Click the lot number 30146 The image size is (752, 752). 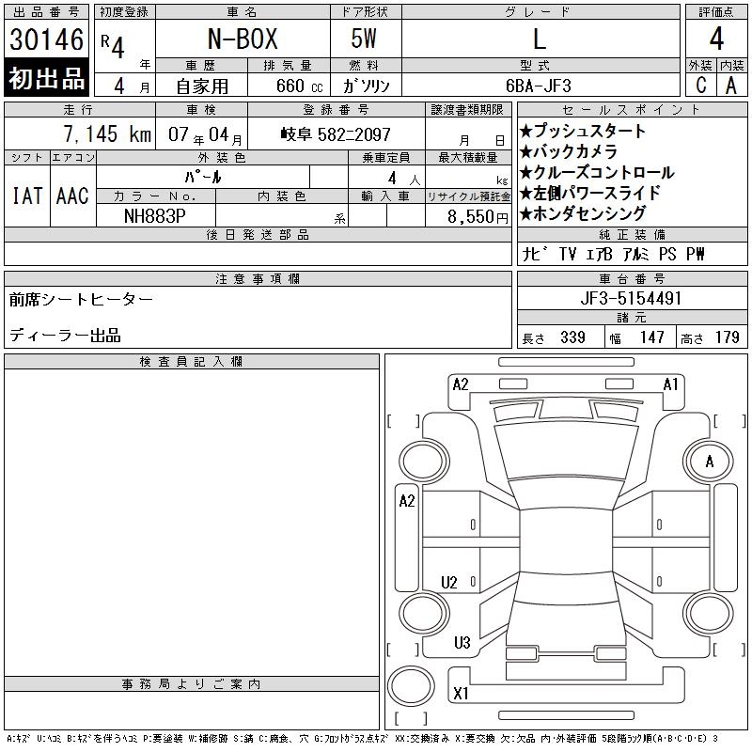46,39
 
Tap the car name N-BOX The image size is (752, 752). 243,39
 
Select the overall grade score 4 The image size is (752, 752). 716,39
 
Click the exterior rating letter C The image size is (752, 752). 701,85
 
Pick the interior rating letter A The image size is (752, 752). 731,86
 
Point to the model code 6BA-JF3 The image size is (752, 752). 539,86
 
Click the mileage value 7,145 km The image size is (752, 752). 107,133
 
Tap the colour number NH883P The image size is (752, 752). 154,216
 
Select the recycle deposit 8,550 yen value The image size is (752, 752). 478,217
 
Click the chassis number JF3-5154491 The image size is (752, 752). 631,298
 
